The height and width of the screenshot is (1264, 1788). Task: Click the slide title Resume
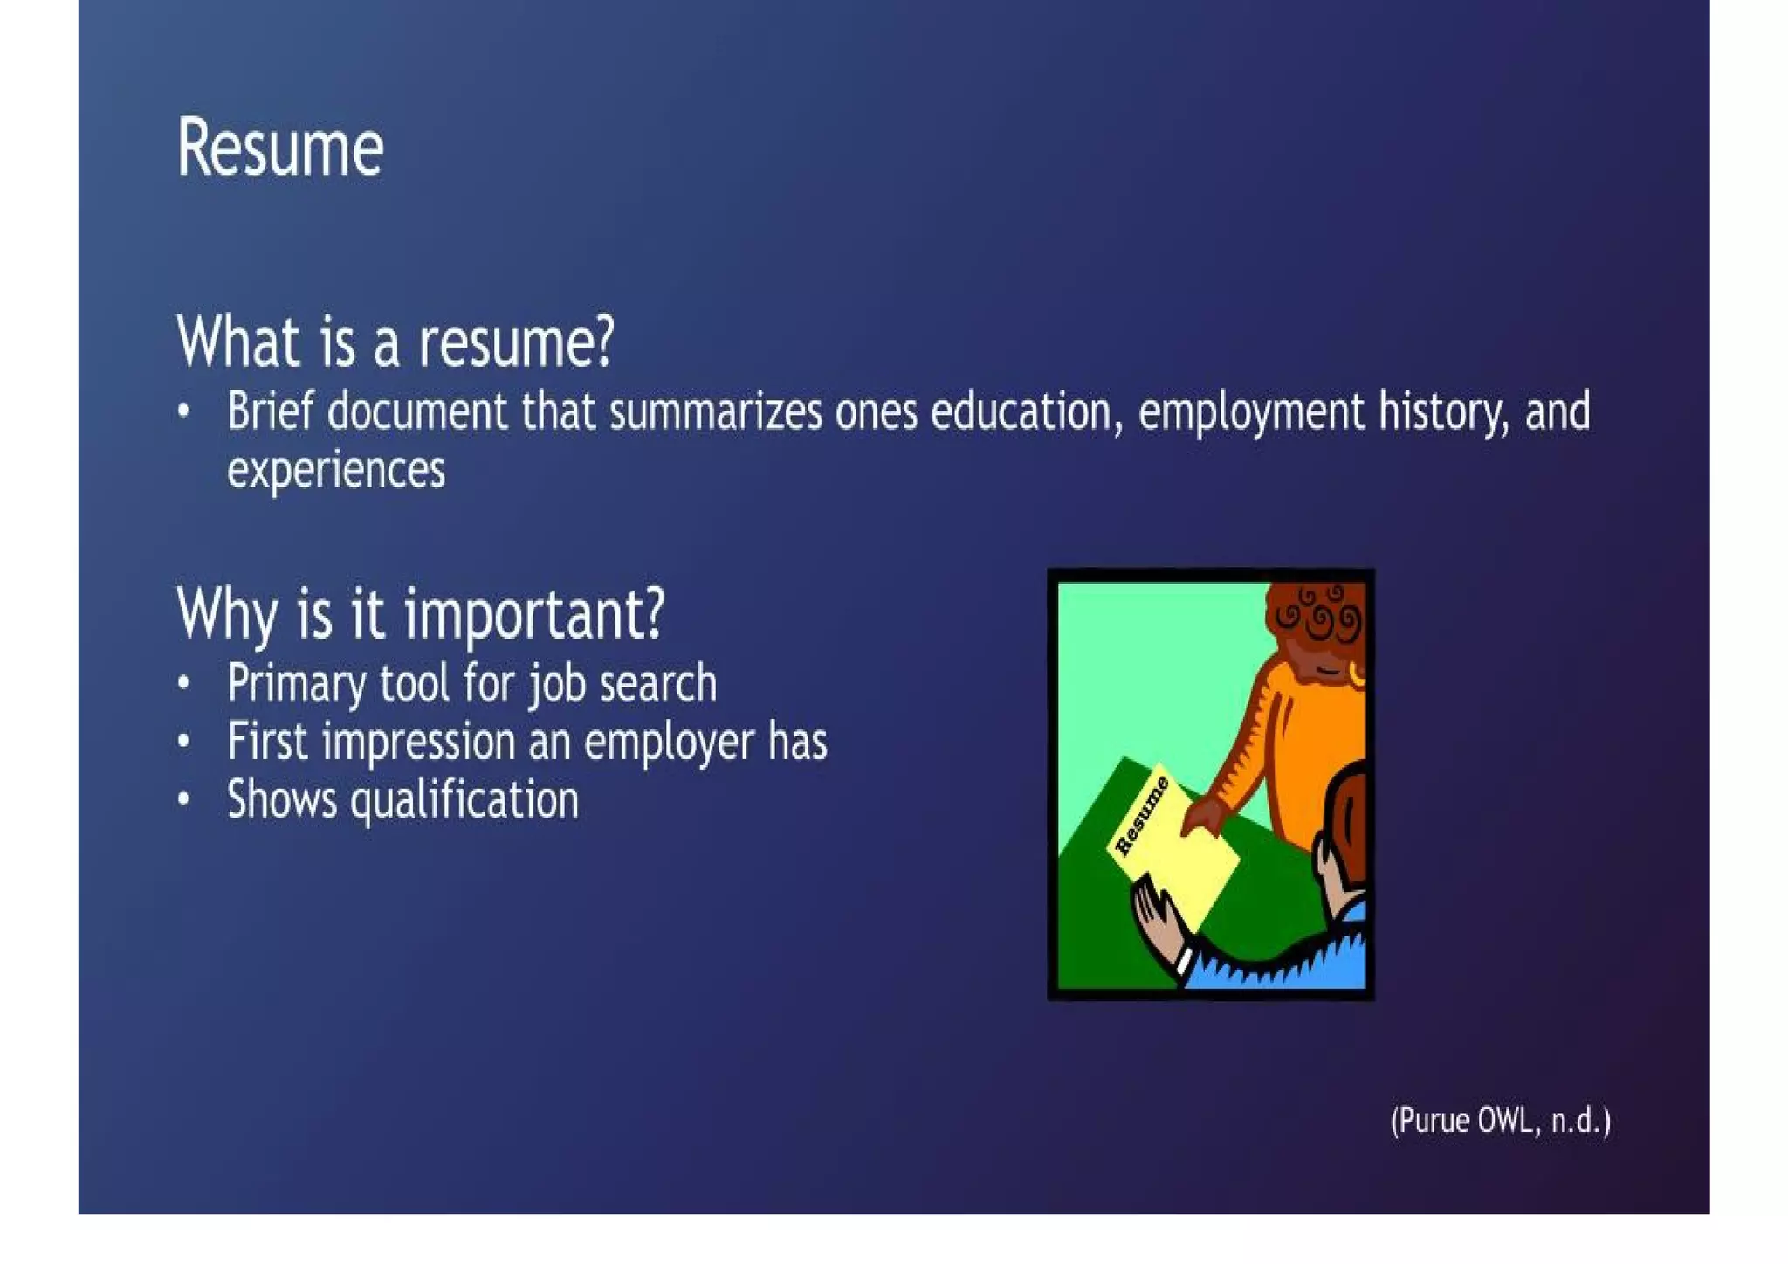[280, 149]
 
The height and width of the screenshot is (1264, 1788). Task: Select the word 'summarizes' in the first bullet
[715, 412]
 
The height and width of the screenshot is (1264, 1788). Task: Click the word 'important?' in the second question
[534, 615]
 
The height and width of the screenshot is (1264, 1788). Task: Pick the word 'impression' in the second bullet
[419, 743]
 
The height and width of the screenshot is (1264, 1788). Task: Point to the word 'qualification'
[464, 801]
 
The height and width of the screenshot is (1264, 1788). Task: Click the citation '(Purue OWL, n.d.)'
[1500, 1121]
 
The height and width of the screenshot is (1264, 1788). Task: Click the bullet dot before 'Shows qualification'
[183, 799]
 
